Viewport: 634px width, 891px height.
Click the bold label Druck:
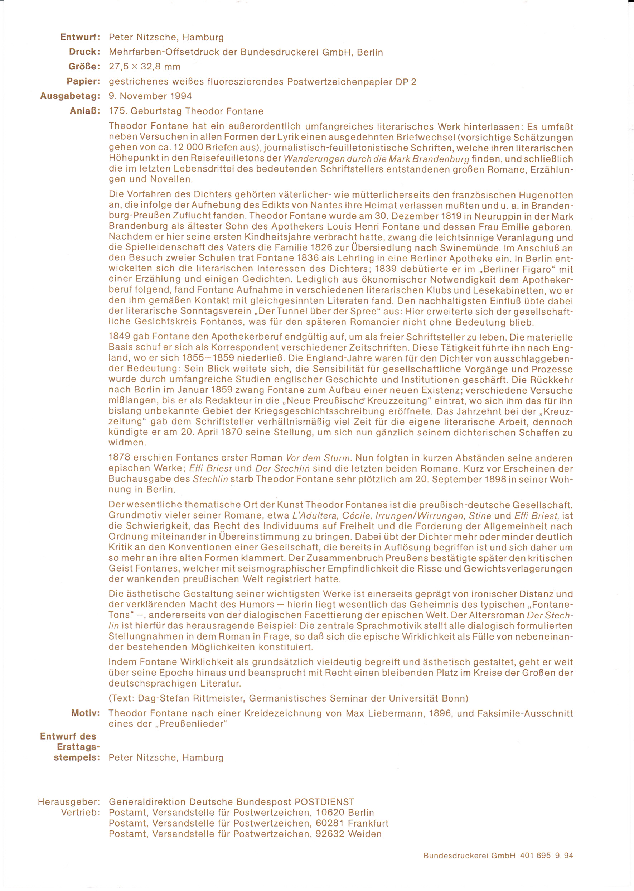[x=85, y=52]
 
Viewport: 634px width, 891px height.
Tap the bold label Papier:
[x=83, y=82]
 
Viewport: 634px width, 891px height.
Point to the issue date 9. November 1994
[x=150, y=96]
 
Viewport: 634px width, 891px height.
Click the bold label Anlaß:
[x=85, y=111]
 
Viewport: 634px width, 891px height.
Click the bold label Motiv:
[x=86, y=713]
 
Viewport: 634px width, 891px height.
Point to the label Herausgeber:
[x=69, y=802]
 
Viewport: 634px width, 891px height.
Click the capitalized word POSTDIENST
[x=324, y=802]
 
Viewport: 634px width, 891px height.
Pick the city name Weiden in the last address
[x=365, y=834]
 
